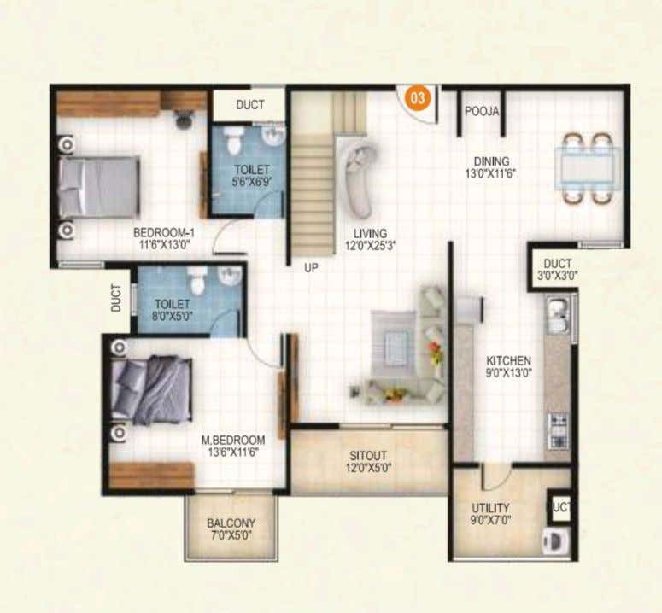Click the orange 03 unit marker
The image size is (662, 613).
tap(418, 98)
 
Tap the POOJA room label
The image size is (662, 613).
tap(481, 111)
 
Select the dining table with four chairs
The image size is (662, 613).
tap(588, 169)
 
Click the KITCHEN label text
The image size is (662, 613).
tap(508, 361)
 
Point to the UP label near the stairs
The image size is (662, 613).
tap(311, 268)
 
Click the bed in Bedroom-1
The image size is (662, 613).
tap(99, 187)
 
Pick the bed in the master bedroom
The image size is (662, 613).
tap(151, 390)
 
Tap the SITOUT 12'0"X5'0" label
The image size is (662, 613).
tap(368, 462)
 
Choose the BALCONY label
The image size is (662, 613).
tap(231, 523)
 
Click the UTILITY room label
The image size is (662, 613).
tap(490, 507)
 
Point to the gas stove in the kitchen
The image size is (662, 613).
tap(558, 431)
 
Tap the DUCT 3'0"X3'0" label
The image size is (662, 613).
tap(557, 270)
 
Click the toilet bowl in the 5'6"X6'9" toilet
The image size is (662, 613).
tap(234, 138)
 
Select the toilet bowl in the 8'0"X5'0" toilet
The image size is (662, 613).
tap(197, 278)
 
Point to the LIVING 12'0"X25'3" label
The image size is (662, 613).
tap(370, 240)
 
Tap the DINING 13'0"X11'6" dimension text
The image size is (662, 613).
tap(491, 174)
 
